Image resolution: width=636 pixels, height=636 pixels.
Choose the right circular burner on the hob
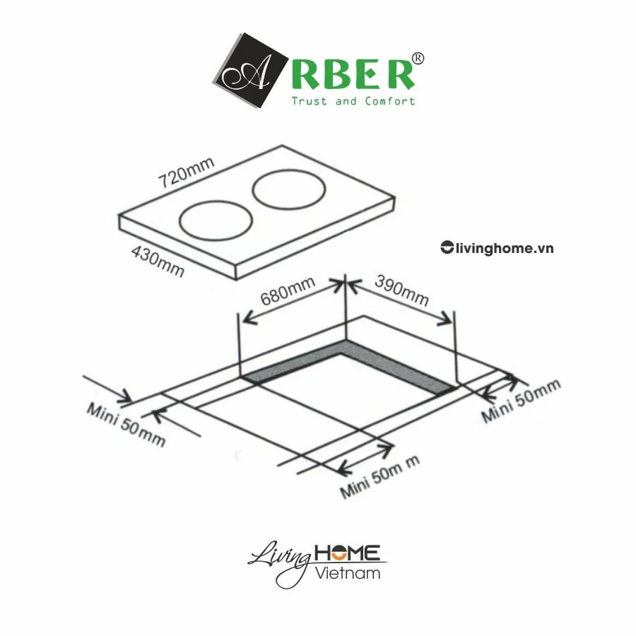point(289,189)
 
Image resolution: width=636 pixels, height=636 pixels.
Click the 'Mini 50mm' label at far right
point(521,401)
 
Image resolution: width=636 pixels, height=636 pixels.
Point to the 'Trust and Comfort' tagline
point(353,101)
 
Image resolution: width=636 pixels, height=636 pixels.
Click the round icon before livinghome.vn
point(446,247)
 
